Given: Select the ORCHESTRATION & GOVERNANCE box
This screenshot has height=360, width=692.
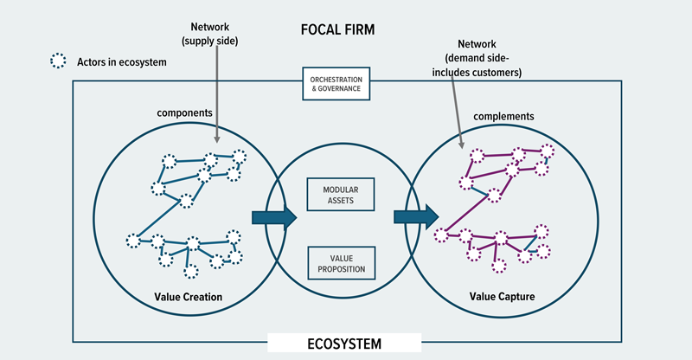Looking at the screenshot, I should pos(336,83).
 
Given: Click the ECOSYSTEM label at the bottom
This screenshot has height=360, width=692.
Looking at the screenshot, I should pos(344,344).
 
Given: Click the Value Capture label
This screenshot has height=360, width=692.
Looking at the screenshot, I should pos(502,297).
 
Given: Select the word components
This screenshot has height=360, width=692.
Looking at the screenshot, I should pos(184,113).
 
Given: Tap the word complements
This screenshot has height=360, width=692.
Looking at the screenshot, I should pos(504,115).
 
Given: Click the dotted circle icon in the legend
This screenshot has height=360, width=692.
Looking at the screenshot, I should pos(60,61).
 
